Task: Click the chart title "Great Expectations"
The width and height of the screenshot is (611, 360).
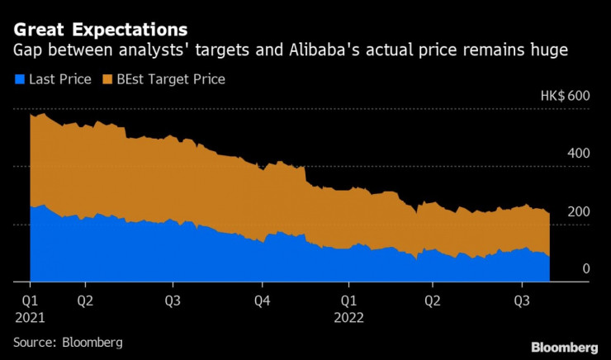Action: (x=99, y=30)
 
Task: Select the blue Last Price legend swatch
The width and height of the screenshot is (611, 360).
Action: (x=20, y=79)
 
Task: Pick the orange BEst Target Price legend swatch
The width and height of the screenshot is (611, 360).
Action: (x=108, y=79)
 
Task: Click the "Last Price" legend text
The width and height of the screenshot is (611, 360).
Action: (x=60, y=79)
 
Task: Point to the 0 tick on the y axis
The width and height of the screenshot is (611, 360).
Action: (x=585, y=269)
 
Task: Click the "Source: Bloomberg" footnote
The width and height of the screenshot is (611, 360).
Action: (x=68, y=341)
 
